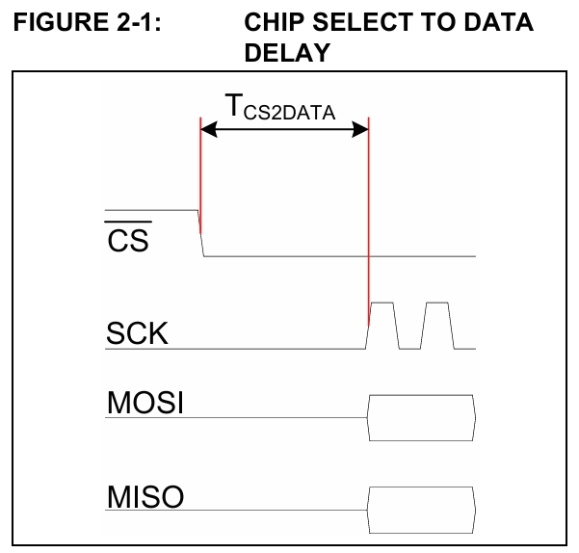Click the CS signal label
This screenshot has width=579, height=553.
(x=128, y=241)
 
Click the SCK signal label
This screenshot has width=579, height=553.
(x=137, y=333)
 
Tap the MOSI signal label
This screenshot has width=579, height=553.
(x=145, y=403)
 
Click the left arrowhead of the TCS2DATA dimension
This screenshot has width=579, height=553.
(x=208, y=133)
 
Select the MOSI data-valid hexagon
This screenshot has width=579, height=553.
(x=421, y=417)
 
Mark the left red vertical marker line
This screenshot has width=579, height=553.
(x=199, y=173)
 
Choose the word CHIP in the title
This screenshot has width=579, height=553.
(x=275, y=22)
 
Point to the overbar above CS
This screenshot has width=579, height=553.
(x=127, y=225)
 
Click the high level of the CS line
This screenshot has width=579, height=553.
(x=149, y=209)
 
